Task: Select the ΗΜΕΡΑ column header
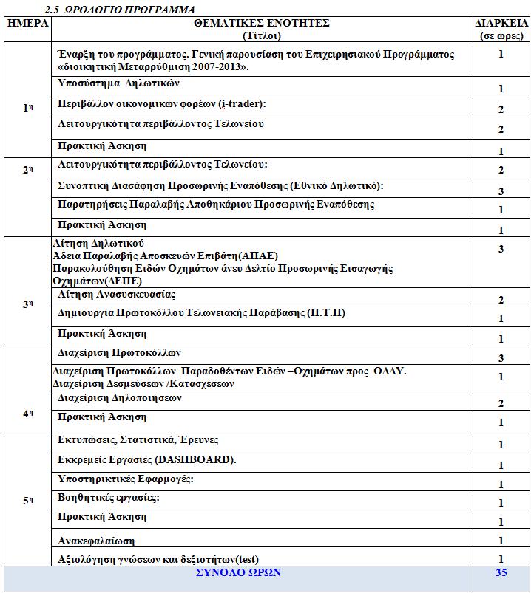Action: coord(27,23)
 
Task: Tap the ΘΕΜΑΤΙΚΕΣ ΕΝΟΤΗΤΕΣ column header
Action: coord(262,23)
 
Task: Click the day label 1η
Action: coord(28,108)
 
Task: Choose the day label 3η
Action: coord(28,304)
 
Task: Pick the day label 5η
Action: coord(28,501)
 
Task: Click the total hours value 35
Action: coord(501,573)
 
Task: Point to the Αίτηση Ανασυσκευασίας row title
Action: coord(117,295)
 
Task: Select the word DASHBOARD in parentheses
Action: coord(192,460)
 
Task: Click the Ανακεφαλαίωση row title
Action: coord(96,541)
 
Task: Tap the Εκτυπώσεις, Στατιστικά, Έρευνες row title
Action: coord(138,440)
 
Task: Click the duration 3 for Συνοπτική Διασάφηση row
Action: coord(501,191)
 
